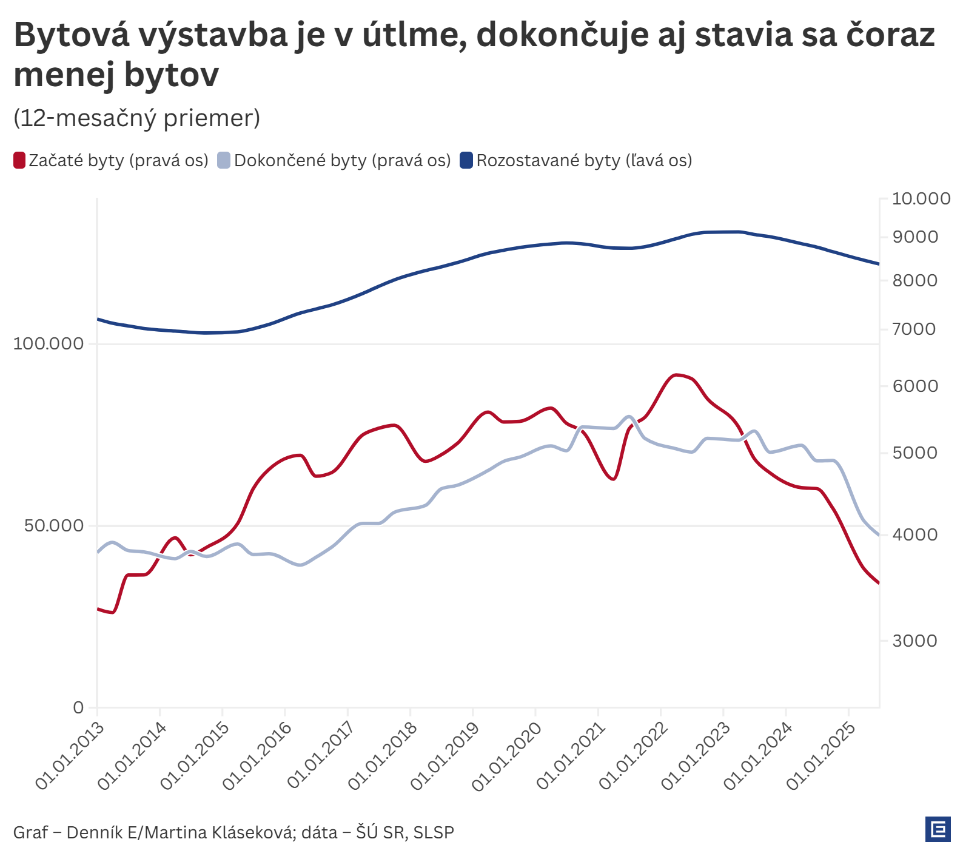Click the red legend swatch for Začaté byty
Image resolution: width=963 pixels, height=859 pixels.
[19, 161]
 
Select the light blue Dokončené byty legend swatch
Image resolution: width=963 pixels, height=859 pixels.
[224, 161]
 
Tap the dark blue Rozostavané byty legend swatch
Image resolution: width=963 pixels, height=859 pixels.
[466, 161]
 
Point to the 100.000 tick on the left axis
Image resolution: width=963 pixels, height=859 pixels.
[49, 343]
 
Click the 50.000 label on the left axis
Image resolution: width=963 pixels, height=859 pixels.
[54, 525]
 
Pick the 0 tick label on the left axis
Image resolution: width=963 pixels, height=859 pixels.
[78, 707]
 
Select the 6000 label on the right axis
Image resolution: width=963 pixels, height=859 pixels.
[915, 386]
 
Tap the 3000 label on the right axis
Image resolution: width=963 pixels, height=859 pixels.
[914, 641]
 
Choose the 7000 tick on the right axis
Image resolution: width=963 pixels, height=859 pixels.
[914, 329]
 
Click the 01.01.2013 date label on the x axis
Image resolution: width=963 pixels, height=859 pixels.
[70, 755]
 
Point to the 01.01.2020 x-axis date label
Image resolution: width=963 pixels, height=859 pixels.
[508, 755]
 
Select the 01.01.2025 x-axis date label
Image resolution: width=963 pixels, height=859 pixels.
[822, 755]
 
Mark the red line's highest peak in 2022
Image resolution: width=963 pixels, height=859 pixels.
[676, 375]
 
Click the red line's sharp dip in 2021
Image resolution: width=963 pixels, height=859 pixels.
[614, 479]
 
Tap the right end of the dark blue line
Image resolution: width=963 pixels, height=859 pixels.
[879, 264]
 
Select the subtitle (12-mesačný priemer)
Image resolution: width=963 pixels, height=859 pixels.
[137, 118]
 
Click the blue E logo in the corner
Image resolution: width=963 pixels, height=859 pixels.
[938, 829]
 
